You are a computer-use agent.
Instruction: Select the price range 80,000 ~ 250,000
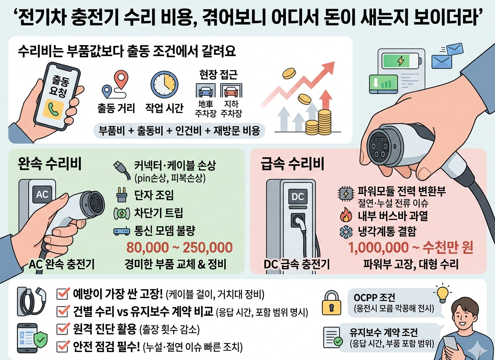click(180, 247)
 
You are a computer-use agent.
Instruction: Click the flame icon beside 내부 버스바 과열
click(345, 217)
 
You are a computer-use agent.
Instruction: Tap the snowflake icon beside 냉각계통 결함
click(345, 231)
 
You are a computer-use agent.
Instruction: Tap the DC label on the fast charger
click(298, 196)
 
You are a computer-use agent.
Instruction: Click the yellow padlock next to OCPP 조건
click(332, 303)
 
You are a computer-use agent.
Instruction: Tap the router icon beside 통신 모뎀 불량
click(120, 231)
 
